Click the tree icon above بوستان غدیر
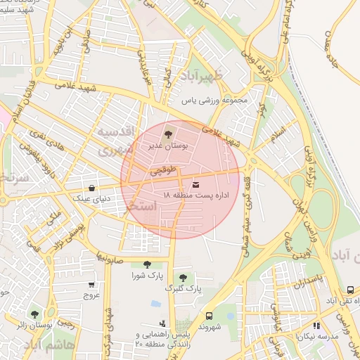[x=167, y=133]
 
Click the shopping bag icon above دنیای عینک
[x=92, y=188]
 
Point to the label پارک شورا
[x=146, y=276]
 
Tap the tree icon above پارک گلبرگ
[x=183, y=278]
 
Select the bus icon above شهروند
[x=209, y=316]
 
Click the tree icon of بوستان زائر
[x=34, y=314]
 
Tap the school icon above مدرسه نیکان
[x=316, y=326]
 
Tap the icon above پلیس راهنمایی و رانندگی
[x=163, y=324]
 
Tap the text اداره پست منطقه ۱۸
[x=191, y=195]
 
